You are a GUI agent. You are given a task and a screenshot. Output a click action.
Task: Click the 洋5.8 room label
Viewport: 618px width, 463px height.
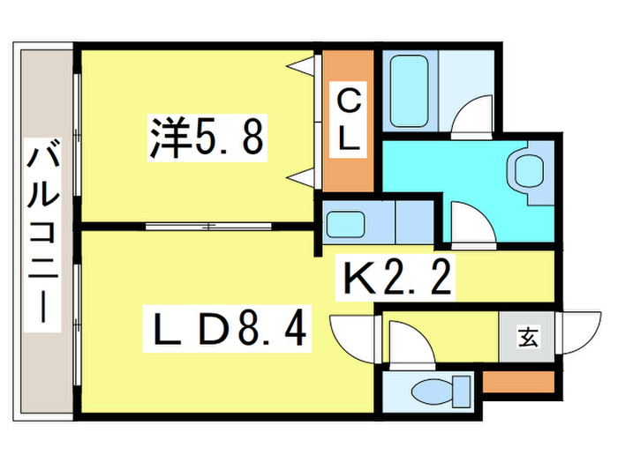207,138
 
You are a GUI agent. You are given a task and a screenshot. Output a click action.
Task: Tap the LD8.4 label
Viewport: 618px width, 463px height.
227,329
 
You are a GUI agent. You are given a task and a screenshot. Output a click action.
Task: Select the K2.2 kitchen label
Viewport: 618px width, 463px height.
396,278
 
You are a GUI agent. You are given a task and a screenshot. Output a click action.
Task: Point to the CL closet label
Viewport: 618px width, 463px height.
348,120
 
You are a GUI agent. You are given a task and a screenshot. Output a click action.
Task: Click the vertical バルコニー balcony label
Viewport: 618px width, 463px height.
42,235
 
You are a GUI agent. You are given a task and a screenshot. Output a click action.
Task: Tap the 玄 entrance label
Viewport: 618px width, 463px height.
528,338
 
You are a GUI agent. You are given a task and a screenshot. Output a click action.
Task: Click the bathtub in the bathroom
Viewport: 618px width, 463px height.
409,91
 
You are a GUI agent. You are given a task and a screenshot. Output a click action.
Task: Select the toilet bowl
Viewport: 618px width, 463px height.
432,392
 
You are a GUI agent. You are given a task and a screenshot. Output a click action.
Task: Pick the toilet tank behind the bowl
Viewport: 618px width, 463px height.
462,392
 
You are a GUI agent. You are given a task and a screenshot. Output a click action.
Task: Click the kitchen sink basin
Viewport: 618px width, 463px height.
345,224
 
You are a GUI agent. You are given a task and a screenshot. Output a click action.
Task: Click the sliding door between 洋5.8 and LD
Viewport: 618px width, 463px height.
208,227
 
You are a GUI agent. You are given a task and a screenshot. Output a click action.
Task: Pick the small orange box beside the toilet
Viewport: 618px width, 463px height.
519,382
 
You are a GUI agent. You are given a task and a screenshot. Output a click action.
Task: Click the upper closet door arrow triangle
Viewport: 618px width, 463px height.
303,65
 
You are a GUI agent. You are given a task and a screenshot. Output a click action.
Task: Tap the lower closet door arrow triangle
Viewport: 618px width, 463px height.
303,176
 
